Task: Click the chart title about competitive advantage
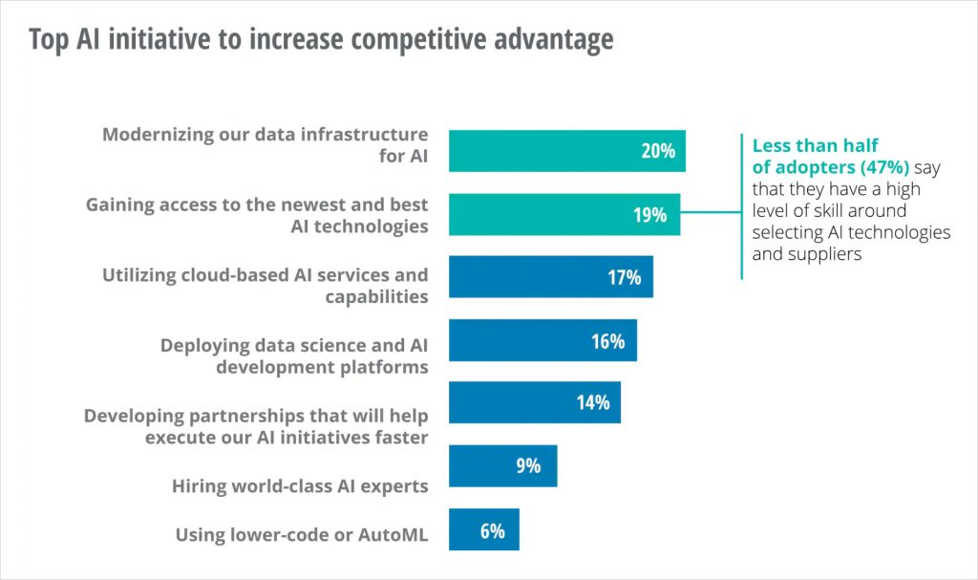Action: [x=321, y=40]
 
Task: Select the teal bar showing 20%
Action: [x=566, y=151]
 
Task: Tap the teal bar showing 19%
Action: [x=563, y=214]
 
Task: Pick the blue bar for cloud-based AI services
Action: [x=550, y=277]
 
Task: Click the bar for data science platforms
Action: [x=542, y=340]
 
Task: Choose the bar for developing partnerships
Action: [x=534, y=402]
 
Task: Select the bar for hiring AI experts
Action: [x=502, y=465]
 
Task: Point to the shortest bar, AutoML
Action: [x=483, y=529]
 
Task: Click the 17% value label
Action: [x=624, y=278]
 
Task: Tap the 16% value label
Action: [x=607, y=341]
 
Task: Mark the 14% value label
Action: [x=592, y=403]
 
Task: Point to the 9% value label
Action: [x=527, y=466]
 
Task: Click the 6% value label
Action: [x=492, y=530]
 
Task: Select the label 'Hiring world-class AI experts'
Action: [x=300, y=485]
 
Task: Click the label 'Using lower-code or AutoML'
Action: [x=302, y=535]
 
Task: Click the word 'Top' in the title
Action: [x=48, y=40]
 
